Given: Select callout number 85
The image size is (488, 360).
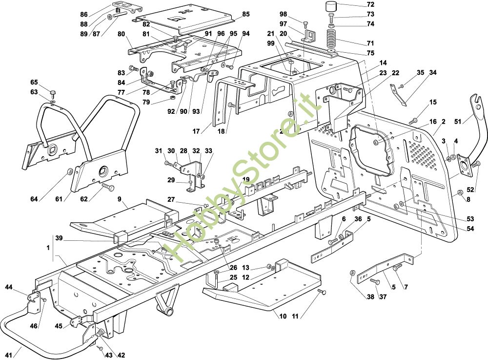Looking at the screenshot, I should tap(245, 14).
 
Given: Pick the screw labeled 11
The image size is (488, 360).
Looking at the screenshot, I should tap(321, 292).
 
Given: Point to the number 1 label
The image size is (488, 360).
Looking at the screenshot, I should tap(48, 248).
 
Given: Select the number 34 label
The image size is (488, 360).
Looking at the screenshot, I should tap(432, 73).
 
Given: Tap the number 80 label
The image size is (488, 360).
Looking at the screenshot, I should tap(122, 34).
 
